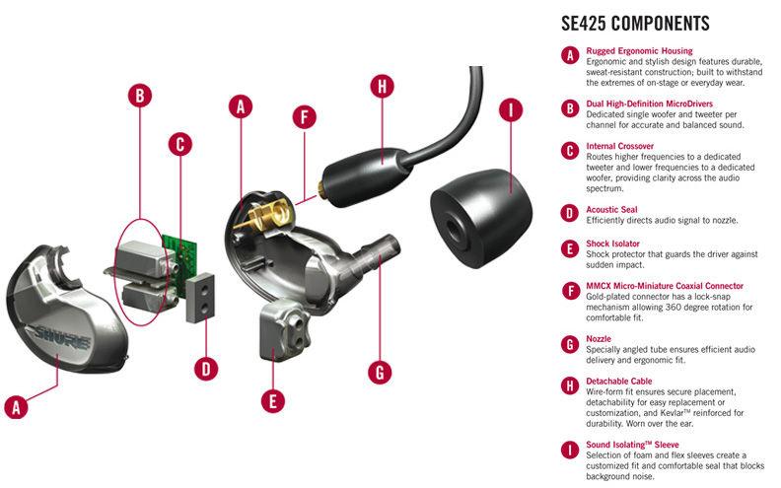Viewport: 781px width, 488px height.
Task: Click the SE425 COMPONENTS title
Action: pyautogui.click(x=635, y=24)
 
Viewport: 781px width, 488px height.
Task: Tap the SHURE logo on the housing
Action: pyautogui.click(x=61, y=337)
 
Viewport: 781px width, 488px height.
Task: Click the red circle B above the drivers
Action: pyautogui.click(x=140, y=95)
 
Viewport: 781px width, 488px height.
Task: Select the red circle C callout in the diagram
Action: pyautogui.click(x=180, y=144)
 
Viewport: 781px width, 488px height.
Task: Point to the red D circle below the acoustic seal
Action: pyautogui.click(x=206, y=369)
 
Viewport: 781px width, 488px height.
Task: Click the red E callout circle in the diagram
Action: pyautogui.click(x=272, y=401)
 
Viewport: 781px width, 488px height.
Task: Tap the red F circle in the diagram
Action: pyautogui.click(x=305, y=117)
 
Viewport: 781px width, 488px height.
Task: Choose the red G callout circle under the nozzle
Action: pyautogui.click(x=380, y=372)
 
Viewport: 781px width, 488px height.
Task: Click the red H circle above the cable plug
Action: pyautogui.click(x=383, y=87)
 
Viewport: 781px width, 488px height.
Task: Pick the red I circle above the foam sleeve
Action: pyautogui.click(x=511, y=109)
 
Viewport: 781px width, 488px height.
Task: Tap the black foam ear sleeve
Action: pyautogui.click(x=481, y=218)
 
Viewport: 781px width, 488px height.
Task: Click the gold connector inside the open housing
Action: pyautogui.click(x=264, y=215)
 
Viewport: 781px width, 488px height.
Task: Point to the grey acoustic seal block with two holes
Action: pyautogui.click(x=201, y=298)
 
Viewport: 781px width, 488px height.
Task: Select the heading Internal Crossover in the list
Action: pyautogui.click(x=619, y=146)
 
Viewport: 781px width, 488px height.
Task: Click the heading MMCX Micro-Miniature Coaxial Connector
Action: pyautogui.click(x=665, y=286)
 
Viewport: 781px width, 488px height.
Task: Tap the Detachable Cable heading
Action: pyautogui.click(x=618, y=381)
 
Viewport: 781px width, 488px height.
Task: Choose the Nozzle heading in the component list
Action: pyautogui.click(x=599, y=338)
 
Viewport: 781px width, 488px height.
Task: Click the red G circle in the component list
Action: pyautogui.click(x=570, y=344)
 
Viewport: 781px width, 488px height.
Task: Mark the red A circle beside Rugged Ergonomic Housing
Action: pyautogui.click(x=570, y=55)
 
